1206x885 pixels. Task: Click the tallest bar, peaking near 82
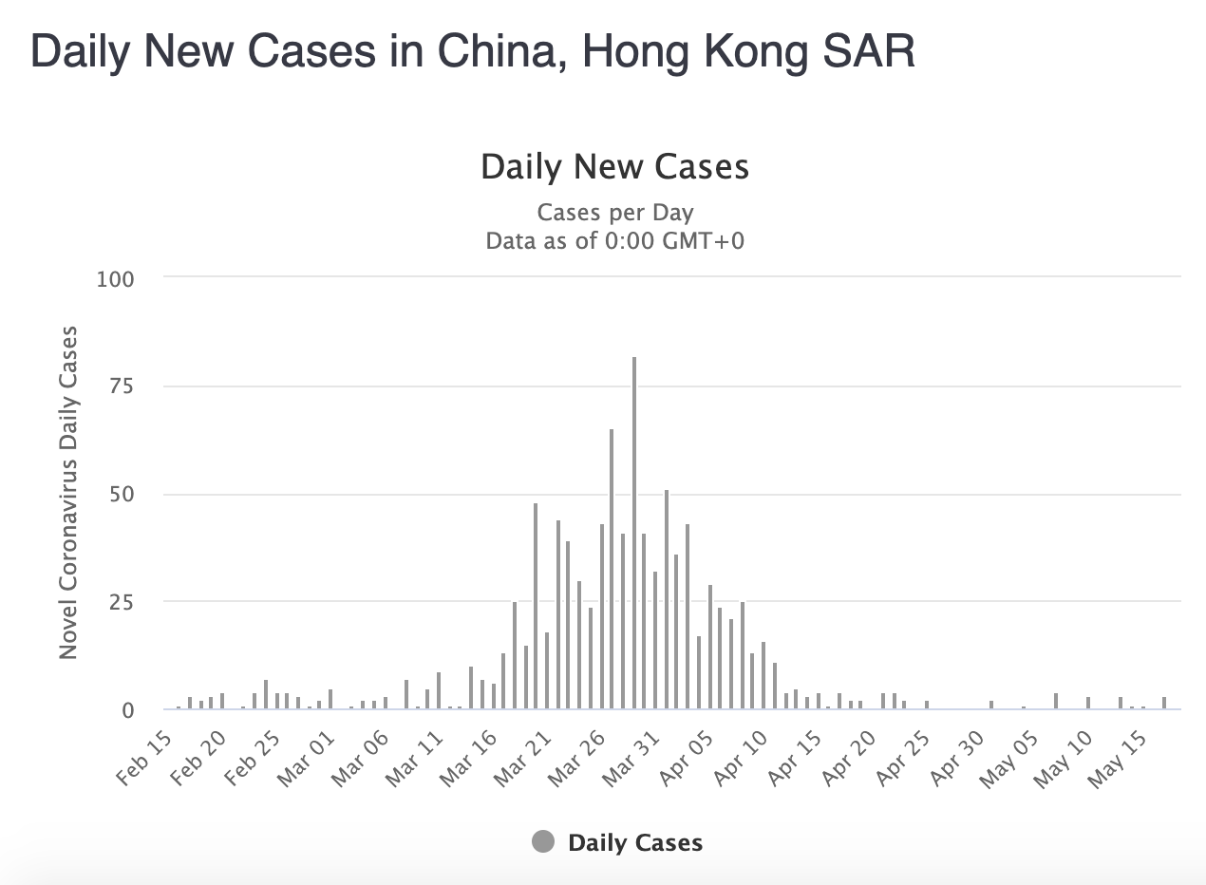click(634, 532)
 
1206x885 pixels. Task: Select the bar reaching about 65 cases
click(612, 570)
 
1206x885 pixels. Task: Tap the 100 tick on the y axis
click(115, 279)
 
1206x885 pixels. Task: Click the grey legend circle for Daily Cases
click(543, 842)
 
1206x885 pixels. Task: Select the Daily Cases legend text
click(635, 843)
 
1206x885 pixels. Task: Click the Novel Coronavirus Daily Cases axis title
click(67, 493)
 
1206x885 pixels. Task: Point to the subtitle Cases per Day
click(614, 212)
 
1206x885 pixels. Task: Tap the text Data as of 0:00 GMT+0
click(614, 241)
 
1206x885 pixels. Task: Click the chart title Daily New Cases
click(614, 167)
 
